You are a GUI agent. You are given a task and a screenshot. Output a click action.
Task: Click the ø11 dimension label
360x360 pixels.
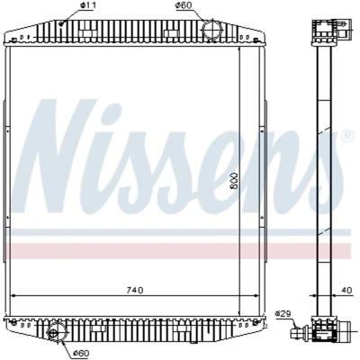tap(85, 5)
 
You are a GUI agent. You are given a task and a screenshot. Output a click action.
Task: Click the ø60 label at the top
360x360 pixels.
tap(184, 5)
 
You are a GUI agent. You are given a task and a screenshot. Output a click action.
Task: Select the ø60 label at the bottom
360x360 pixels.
tap(81, 353)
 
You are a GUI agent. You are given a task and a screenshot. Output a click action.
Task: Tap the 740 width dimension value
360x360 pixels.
tap(135, 290)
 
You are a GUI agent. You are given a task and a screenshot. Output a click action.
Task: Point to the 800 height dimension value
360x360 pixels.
tap(234, 181)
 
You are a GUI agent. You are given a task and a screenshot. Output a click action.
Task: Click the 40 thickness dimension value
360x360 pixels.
tap(346, 291)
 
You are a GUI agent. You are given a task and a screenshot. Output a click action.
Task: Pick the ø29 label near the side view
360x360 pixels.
tap(283, 314)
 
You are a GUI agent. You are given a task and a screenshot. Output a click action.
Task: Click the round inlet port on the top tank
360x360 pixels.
tap(211, 29)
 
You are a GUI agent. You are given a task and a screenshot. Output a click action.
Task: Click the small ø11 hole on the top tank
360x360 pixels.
tap(61, 23)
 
